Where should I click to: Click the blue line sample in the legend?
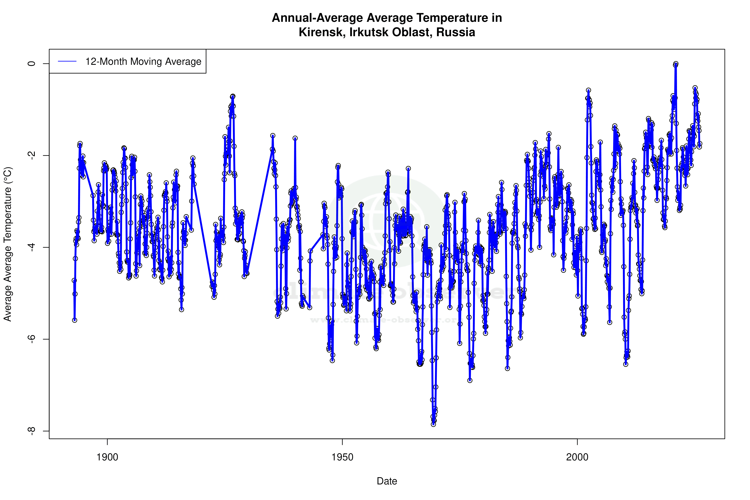click(x=67, y=61)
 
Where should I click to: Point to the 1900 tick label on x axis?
click(x=107, y=457)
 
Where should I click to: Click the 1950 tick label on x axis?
click(x=342, y=457)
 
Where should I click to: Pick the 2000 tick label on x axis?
click(x=577, y=457)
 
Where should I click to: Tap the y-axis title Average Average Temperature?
click(x=7, y=244)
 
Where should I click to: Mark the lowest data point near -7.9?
click(x=433, y=424)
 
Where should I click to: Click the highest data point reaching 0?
click(x=676, y=64)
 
